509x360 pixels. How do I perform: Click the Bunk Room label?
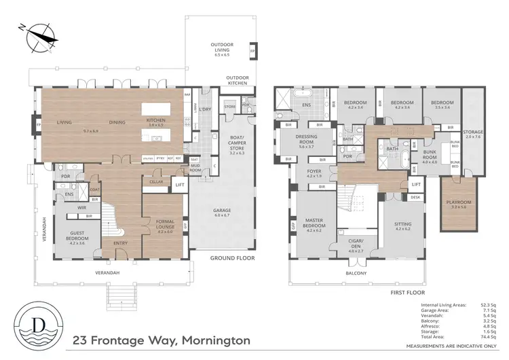click(x=429, y=156)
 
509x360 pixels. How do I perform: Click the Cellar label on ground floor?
click(x=156, y=181)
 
